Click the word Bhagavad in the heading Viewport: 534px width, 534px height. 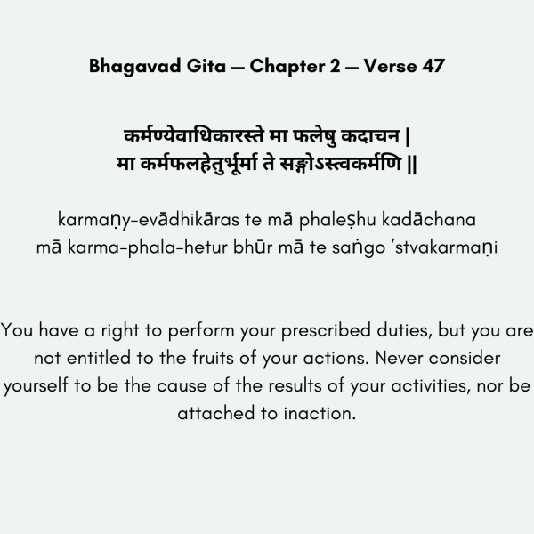[x=133, y=67]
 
